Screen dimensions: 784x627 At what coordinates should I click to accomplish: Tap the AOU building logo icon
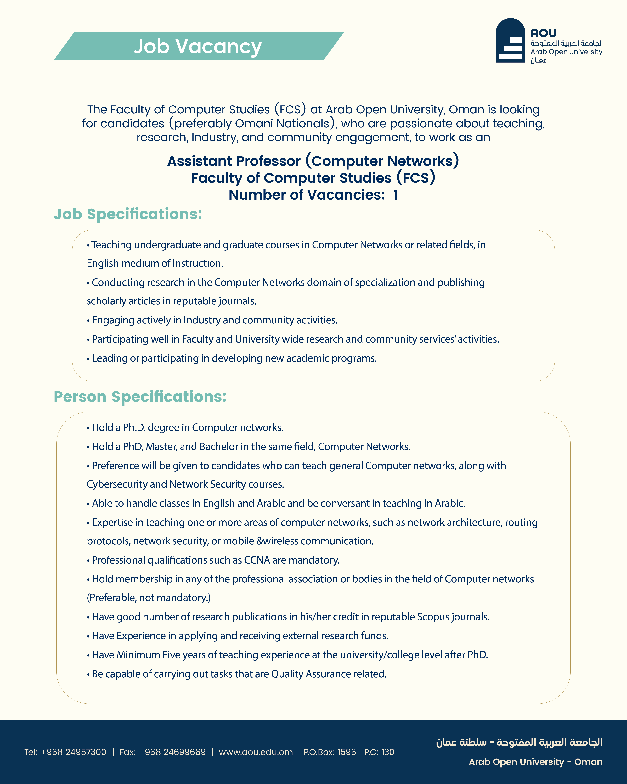510,41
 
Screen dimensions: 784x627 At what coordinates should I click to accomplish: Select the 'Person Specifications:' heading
140,397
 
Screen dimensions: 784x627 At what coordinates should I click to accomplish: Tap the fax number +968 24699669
172,752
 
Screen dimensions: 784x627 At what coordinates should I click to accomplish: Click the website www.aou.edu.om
256,752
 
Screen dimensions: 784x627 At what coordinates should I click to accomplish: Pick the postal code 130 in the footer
388,752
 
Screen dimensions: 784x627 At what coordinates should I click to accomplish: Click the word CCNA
257,560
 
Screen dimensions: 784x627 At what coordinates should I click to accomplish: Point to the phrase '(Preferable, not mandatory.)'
149,598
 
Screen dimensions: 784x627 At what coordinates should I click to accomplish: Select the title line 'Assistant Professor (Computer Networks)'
313,161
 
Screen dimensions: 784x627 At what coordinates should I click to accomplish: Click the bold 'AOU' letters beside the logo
543,33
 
